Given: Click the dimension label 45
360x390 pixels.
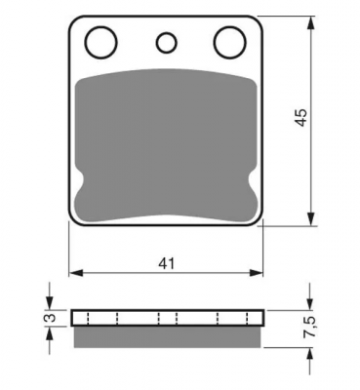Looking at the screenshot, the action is coord(301,117).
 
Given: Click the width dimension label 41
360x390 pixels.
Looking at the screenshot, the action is coord(167,263).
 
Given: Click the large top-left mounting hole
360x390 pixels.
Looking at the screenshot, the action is coord(101,43).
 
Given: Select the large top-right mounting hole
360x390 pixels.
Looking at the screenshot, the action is coord(230,43).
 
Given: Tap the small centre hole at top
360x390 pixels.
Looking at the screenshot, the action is coord(167,43).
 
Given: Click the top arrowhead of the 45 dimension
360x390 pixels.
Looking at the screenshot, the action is coord(311,22).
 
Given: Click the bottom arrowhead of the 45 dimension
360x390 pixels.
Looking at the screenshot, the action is coord(311,218).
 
